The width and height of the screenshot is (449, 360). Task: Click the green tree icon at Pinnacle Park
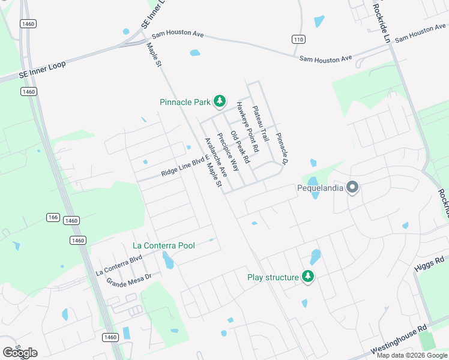click(220, 101)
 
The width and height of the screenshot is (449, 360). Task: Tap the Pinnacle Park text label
click(185, 102)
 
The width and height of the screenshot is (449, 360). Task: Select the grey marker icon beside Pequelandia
click(352, 188)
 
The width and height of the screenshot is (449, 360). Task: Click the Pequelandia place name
click(321, 188)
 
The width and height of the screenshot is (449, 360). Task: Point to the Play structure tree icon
click(308, 277)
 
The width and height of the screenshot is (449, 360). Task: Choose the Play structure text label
click(273, 277)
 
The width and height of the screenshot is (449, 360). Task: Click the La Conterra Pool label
click(164, 246)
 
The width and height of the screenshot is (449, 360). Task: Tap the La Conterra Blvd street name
click(119, 265)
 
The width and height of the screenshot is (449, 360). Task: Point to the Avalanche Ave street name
click(215, 157)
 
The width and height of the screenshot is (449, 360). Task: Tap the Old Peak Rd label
click(240, 145)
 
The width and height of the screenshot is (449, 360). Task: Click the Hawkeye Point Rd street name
click(247, 126)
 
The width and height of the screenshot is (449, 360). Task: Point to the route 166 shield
click(52, 217)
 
